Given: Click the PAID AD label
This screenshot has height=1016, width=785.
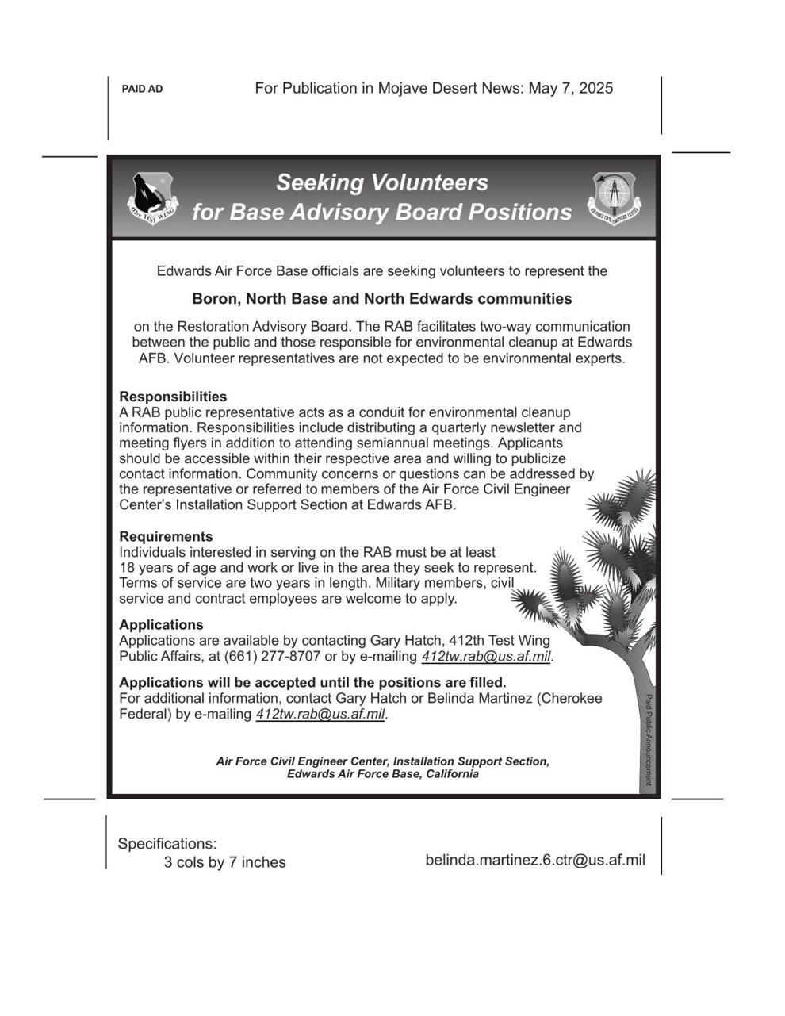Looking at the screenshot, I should [x=142, y=90].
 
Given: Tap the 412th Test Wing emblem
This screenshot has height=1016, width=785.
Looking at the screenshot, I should [x=152, y=198].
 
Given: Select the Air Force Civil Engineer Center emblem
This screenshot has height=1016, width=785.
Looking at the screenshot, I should [x=614, y=197].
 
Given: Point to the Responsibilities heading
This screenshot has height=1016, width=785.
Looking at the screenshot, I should [x=173, y=397].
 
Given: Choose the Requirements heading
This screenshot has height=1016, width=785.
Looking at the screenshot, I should [x=166, y=537].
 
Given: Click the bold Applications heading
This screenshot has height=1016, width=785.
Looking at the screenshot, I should [x=161, y=625].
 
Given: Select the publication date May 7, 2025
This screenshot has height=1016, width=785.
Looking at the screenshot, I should [x=570, y=89].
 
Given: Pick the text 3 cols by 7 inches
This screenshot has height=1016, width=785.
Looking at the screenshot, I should [x=224, y=863].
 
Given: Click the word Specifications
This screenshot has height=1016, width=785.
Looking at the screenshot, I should [x=167, y=844].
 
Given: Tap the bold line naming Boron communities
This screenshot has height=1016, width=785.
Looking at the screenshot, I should [x=381, y=299].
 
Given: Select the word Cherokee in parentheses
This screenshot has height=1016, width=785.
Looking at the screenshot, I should [x=572, y=699].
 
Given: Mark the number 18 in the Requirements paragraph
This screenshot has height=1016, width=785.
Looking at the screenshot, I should [x=127, y=568].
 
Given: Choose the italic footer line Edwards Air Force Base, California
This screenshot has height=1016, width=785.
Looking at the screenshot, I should [x=382, y=774].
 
